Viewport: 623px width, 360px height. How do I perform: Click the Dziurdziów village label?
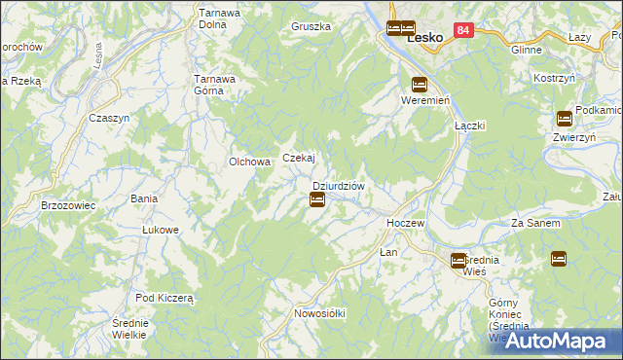point(338,186)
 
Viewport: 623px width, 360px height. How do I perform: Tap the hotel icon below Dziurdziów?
point(317,200)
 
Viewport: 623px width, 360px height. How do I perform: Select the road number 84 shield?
point(463,31)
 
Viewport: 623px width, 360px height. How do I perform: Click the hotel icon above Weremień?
point(420,84)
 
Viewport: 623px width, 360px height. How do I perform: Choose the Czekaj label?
point(298,158)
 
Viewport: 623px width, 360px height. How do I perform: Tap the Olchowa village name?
point(248,162)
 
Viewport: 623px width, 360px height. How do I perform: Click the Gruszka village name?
point(311,26)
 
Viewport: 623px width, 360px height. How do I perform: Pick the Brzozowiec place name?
point(67,206)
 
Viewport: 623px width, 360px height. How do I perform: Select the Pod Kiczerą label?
point(165,298)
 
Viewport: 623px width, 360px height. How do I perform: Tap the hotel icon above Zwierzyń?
point(565,119)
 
